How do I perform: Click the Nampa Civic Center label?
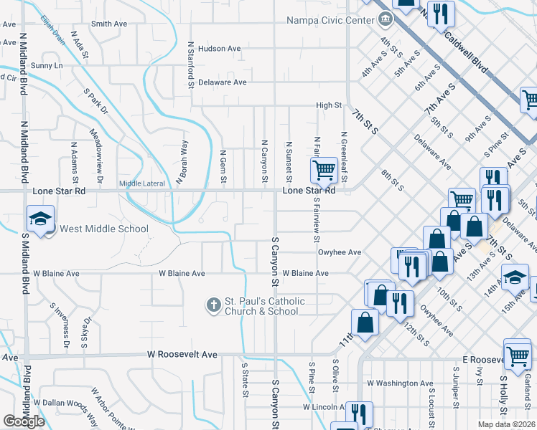click(331, 20)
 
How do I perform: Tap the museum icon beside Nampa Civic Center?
click(386, 19)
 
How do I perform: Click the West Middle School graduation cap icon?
click(40, 218)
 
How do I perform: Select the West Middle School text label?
click(103, 229)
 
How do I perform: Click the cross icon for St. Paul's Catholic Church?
click(213, 305)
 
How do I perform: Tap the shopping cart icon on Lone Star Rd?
click(324, 170)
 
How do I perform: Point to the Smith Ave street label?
click(109, 24)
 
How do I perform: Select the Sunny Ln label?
click(47, 66)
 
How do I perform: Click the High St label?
click(330, 105)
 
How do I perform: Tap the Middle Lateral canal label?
click(141, 183)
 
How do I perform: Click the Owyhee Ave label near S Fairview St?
click(340, 252)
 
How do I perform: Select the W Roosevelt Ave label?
click(182, 355)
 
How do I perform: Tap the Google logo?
click(24, 421)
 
